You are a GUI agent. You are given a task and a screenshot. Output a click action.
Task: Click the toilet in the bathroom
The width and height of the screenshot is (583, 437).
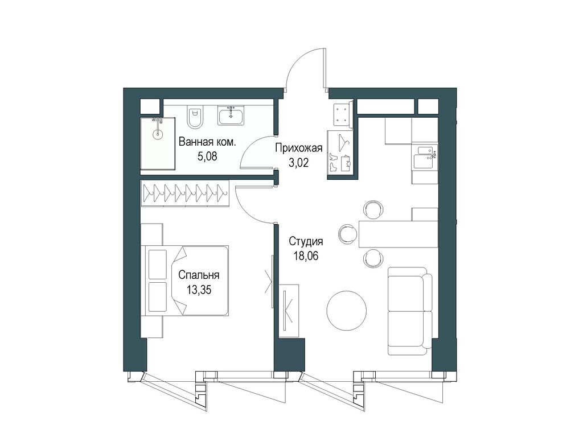pos(195,117)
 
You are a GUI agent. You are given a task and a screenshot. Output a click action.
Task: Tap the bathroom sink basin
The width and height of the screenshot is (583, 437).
pos(231,117)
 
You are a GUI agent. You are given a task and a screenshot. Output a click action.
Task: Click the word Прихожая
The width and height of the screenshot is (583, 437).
pos(299,149)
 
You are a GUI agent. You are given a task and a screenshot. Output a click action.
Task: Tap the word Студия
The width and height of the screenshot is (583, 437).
pos(306,241)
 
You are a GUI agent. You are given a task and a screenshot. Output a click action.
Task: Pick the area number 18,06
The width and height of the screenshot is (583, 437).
pos(306,255)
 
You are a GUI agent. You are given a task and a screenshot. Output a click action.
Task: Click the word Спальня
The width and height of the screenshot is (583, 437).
pos(199,275)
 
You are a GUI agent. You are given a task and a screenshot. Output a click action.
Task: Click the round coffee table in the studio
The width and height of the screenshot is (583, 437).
pos(346,310)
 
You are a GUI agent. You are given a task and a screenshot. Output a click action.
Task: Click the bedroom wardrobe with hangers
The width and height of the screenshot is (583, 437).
pos(184,192)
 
